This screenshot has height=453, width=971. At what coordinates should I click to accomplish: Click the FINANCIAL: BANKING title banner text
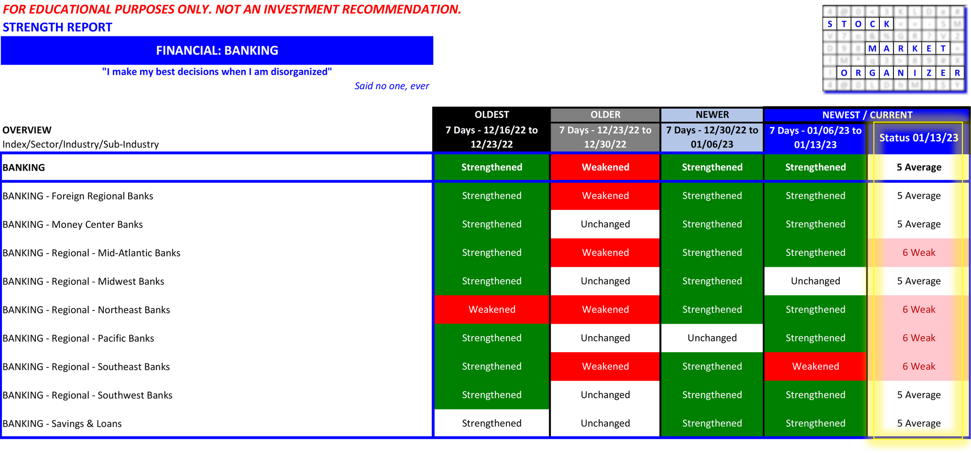pos(217,50)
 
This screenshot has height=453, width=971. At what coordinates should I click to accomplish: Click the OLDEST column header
pos(491,115)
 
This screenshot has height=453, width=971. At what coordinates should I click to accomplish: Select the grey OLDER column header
pos(605,115)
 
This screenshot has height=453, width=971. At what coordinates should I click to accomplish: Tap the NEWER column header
pos(712,115)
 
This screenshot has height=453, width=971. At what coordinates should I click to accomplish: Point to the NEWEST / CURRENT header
pos(867,115)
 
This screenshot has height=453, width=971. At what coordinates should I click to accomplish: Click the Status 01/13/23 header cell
pos(918,138)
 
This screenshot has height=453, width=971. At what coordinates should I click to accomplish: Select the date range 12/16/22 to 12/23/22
pos(491,137)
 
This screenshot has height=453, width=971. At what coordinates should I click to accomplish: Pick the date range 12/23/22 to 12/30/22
pos(605,137)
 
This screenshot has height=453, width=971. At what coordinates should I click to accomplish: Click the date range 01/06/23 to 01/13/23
pos(815,137)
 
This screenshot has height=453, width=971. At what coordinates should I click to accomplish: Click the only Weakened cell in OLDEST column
pos(491,309)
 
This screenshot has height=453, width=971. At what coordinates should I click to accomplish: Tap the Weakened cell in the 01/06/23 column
pos(815,366)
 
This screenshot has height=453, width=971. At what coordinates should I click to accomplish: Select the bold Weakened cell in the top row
pos(605,167)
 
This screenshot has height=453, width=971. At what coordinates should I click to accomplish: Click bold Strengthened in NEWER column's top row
pos(712,167)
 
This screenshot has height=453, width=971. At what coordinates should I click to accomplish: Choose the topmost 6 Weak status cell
pos(918,253)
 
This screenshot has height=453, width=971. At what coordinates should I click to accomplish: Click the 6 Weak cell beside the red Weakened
pos(918,366)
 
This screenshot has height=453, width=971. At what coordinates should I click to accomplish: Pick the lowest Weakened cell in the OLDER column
pos(605,366)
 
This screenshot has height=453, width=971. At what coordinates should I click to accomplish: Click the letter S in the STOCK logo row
pos(830,24)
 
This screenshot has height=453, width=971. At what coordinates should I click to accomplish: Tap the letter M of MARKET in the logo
pos(872,49)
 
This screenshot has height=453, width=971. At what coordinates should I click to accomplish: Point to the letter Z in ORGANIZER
pos(929,73)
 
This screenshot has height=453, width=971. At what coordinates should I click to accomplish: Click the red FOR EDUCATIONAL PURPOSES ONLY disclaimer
pos(232,10)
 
